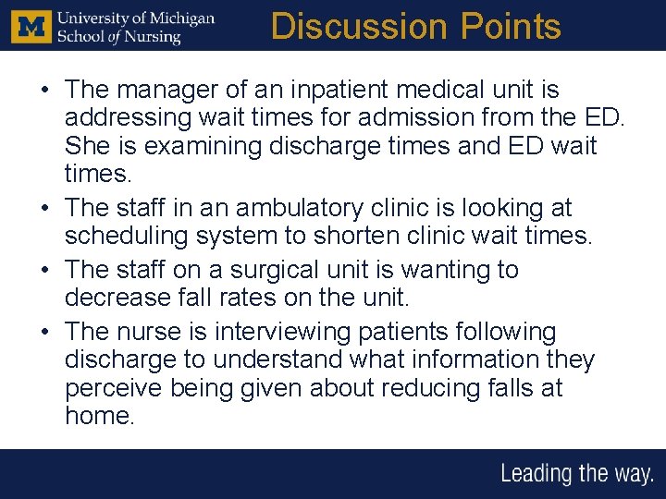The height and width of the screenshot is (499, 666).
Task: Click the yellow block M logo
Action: point(31,26)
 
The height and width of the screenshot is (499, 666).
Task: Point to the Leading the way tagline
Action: point(576,474)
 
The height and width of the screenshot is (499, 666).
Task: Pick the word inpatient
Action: point(329,90)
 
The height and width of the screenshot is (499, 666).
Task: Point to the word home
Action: point(99,417)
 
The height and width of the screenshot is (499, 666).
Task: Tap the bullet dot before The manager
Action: point(44,91)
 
